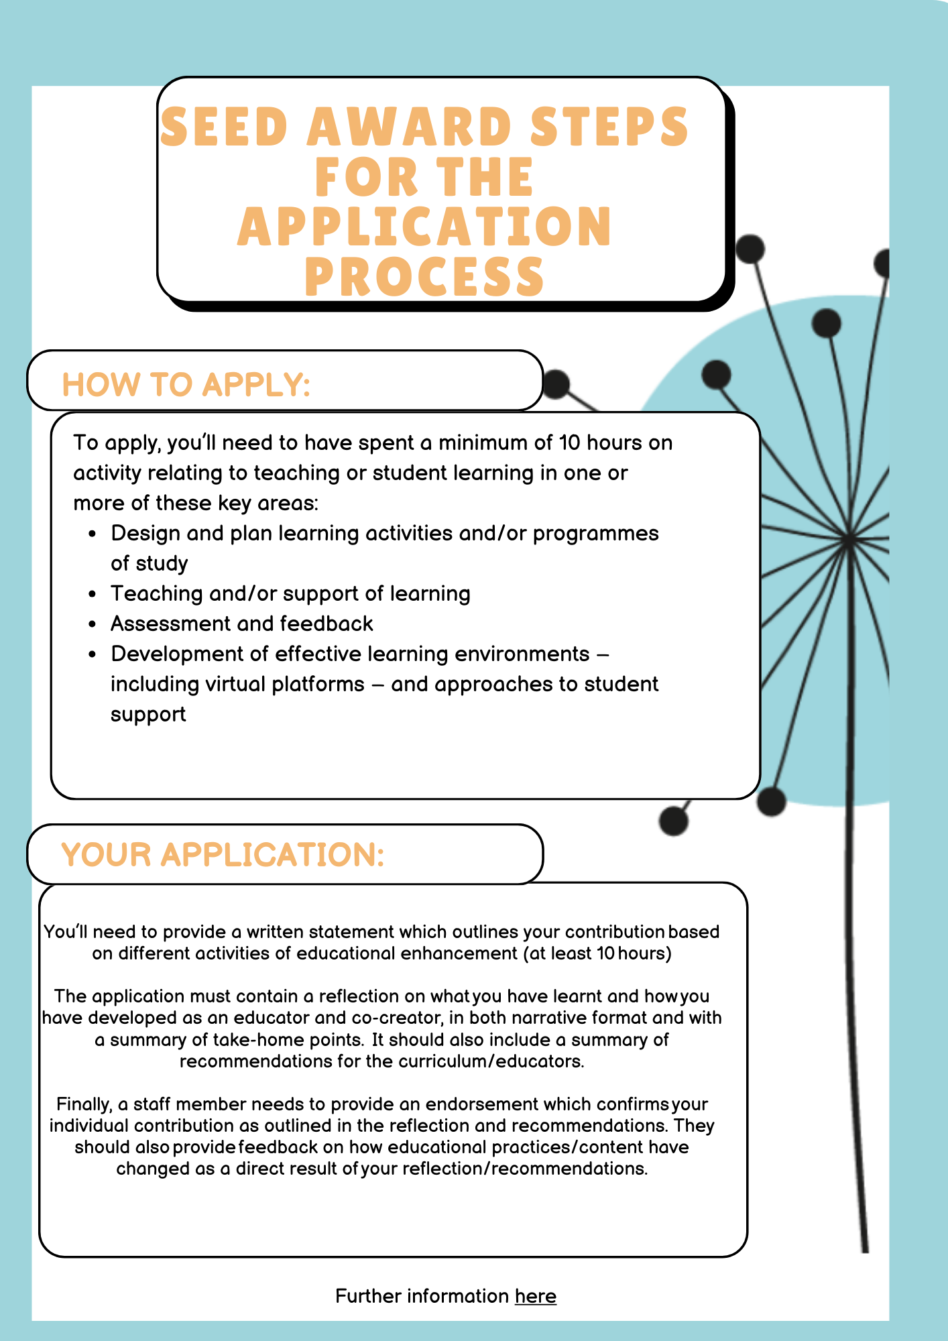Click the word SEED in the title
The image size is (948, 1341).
click(225, 127)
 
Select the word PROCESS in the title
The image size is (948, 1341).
click(424, 277)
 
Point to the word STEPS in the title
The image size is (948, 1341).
click(609, 127)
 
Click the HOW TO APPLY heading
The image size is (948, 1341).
click(186, 385)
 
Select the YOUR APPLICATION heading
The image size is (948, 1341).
click(223, 855)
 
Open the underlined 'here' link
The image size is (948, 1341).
click(535, 1296)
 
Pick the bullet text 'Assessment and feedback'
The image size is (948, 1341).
click(241, 624)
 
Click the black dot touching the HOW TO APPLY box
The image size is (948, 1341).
click(556, 384)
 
